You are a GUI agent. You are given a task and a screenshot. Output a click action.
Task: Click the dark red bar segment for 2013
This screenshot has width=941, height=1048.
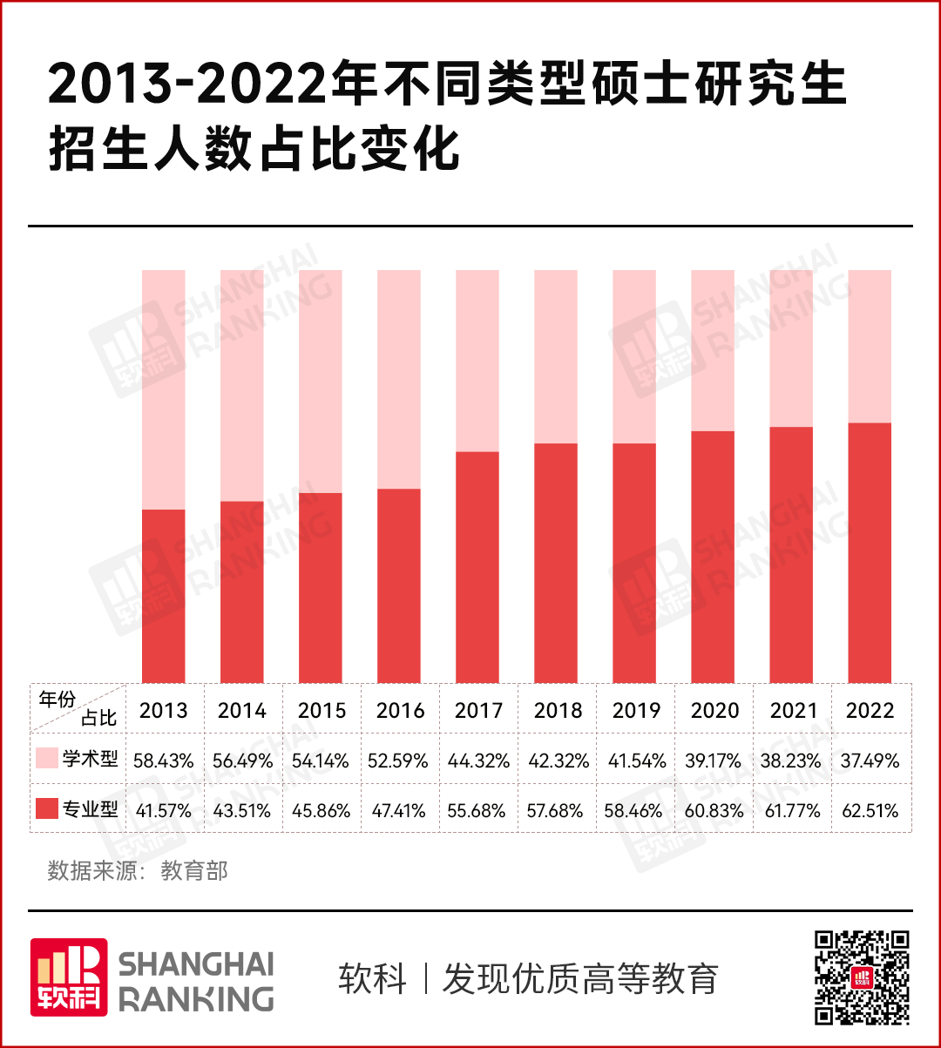pyautogui.click(x=164, y=596)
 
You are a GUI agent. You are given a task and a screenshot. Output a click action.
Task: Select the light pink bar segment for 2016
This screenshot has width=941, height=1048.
pyautogui.click(x=399, y=379)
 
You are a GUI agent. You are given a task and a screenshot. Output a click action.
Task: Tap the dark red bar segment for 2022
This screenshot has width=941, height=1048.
pyautogui.click(x=870, y=552)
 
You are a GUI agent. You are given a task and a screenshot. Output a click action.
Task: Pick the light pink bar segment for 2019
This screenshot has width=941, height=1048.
pyautogui.click(x=634, y=356)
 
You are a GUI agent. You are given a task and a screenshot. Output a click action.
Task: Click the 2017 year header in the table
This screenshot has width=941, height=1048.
pyautogui.click(x=478, y=710)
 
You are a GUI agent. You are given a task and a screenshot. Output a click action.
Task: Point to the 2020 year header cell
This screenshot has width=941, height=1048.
pyautogui.click(x=714, y=710)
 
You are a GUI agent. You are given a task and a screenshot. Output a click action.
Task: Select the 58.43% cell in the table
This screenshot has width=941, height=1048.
pyautogui.click(x=164, y=761)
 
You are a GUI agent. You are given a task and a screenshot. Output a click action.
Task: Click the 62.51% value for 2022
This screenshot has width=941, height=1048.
pyautogui.click(x=870, y=811)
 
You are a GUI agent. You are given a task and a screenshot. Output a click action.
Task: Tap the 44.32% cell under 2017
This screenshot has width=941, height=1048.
pyautogui.click(x=478, y=761)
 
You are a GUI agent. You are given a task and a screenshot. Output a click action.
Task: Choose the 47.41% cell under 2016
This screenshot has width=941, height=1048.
pyautogui.click(x=399, y=811)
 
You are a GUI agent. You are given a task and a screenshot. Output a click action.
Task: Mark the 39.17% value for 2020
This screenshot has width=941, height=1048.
pyautogui.click(x=714, y=761)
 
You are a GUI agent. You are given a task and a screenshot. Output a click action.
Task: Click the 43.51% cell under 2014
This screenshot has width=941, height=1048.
pyautogui.click(x=242, y=811)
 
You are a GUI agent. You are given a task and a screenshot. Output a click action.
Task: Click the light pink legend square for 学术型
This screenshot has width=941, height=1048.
pyautogui.click(x=47, y=758)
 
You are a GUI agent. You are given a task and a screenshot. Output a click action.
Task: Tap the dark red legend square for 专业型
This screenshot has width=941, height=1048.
pyautogui.click(x=47, y=808)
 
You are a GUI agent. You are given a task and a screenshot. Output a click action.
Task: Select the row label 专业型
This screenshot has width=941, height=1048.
pyautogui.click(x=91, y=809)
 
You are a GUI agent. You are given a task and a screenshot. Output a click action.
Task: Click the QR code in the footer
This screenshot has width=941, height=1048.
pyautogui.click(x=862, y=977)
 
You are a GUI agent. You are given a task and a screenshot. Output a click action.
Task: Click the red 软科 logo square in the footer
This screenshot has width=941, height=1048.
pyautogui.click(x=69, y=977)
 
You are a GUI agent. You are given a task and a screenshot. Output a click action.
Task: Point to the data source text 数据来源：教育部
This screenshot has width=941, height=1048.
pyautogui.click(x=138, y=871)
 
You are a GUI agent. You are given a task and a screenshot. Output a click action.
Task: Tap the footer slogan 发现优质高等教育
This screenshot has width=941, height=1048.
pyautogui.click(x=580, y=978)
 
